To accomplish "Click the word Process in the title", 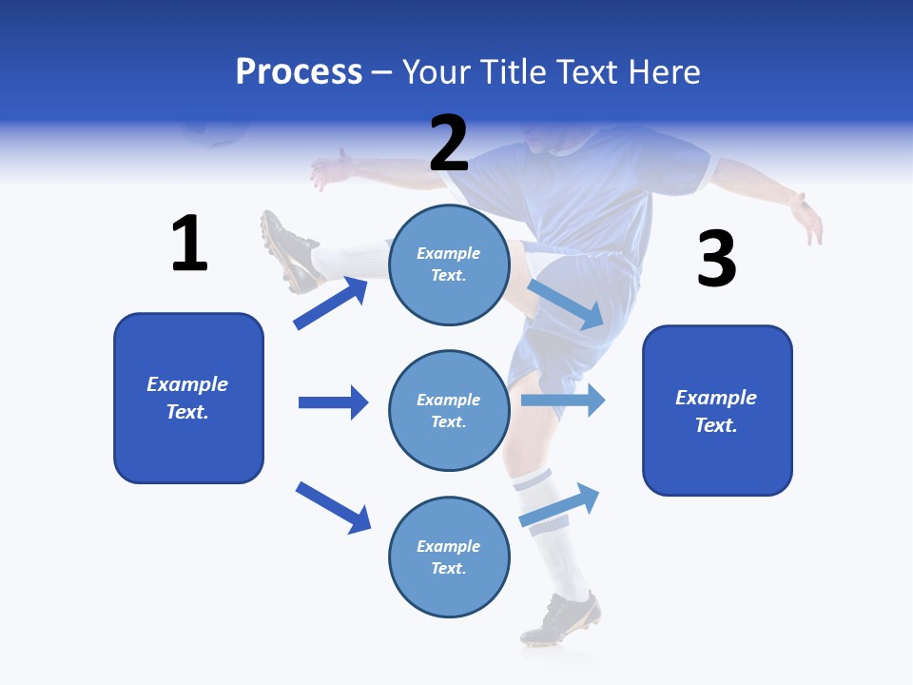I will (x=299, y=72).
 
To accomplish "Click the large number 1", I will (x=189, y=244).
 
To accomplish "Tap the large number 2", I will (x=449, y=144).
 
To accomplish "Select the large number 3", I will (x=716, y=259).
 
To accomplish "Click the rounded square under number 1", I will (x=188, y=398).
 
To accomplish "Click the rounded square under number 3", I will (x=717, y=410).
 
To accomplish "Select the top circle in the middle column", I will (x=449, y=264).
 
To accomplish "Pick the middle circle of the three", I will (x=449, y=410).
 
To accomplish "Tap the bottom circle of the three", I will (x=449, y=557).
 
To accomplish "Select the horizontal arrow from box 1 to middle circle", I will (x=333, y=402).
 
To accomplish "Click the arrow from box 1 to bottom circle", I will (x=333, y=507).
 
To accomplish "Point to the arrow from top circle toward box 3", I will (x=566, y=304).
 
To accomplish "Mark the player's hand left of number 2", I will (x=329, y=170).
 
